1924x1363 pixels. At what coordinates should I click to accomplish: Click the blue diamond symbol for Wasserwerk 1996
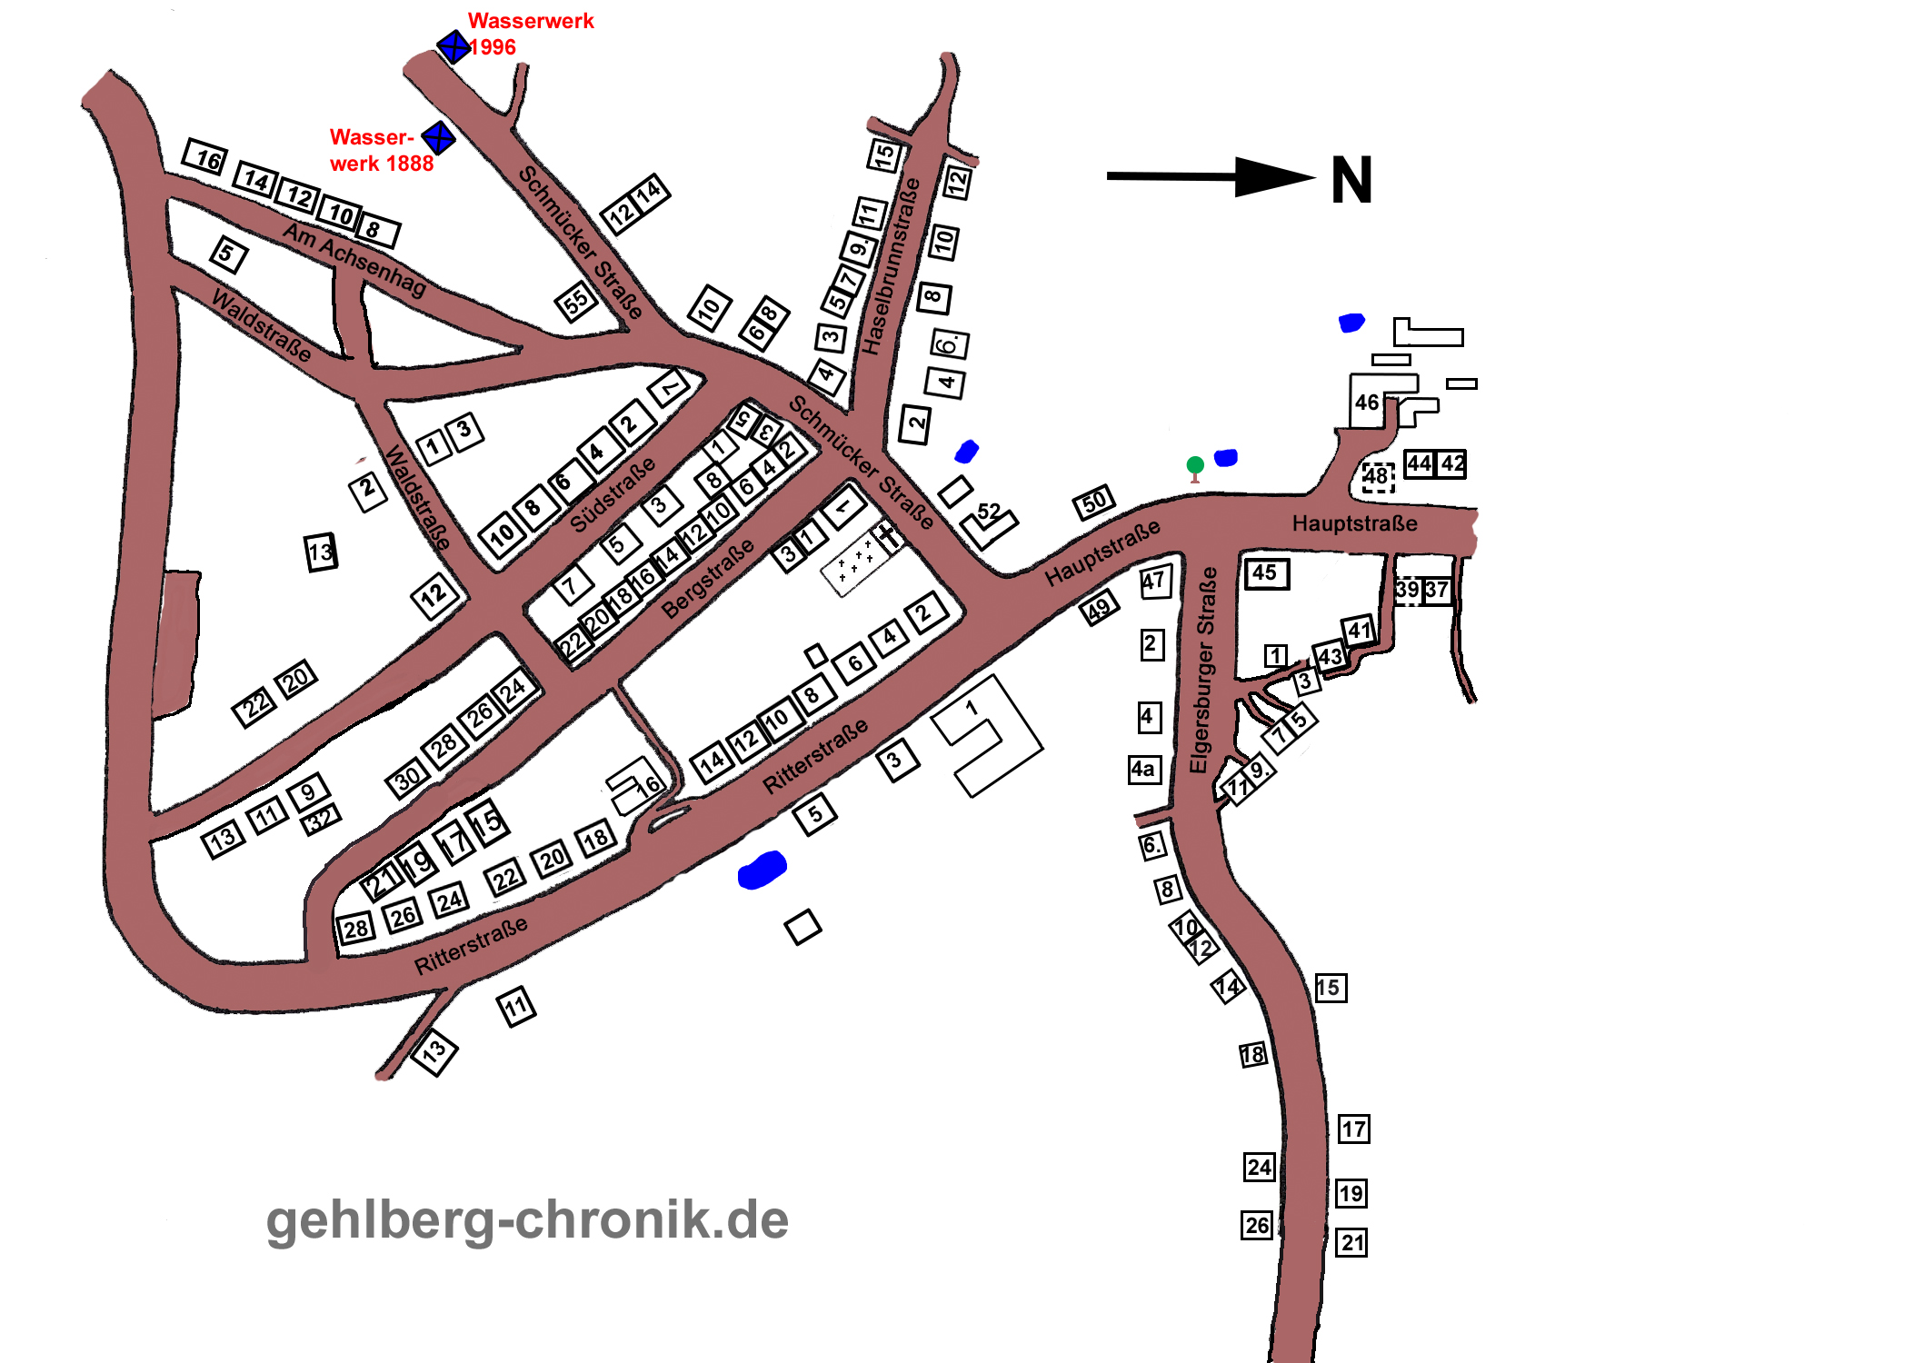[x=453, y=45]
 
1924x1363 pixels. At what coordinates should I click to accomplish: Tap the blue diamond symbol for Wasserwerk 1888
[x=439, y=138]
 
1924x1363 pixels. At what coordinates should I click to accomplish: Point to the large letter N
[x=1351, y=180]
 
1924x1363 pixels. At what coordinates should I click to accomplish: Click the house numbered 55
[x=576, y=302]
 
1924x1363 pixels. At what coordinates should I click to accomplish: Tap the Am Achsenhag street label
[x=354, y=259]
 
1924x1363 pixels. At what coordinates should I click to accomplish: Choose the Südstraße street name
[x=613, y=495]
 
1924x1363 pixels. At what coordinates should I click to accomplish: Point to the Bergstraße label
[x=708, y=579]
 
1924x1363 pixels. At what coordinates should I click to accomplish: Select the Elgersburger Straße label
[x=1203, y=671]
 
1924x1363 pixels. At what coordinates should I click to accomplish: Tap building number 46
[x=1367, y=403]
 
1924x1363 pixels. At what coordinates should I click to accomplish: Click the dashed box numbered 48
[x=1377, y=476]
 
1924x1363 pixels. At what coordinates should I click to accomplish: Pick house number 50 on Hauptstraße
[x=1094, y=502]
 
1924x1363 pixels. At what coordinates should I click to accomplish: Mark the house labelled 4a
[x=1143, y=770]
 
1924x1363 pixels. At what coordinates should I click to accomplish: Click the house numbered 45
[x=1265, y=573]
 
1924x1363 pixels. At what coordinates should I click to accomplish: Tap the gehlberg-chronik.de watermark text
[x=527, y=1219]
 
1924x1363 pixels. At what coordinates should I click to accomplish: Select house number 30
[x=407, y=778]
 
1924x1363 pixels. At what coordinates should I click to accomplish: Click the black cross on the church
[x=887, y=534]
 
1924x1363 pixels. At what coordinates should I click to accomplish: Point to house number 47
[x=1155, y=582]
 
